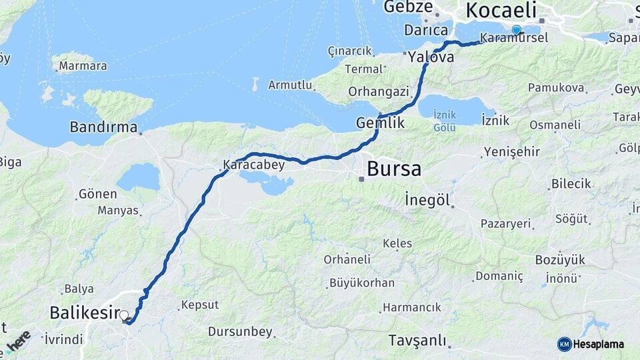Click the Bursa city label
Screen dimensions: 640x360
394,169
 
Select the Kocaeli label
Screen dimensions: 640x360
501,10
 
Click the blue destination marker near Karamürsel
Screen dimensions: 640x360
516,30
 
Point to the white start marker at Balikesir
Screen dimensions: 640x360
124,315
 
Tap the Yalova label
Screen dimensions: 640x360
431,57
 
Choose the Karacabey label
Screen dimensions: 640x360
254,165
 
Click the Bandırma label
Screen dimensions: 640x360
104,127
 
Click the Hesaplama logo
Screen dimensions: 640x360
591,344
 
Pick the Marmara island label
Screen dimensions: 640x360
83,66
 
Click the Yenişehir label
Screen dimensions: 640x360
512,151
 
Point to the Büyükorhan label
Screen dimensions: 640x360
362,283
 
